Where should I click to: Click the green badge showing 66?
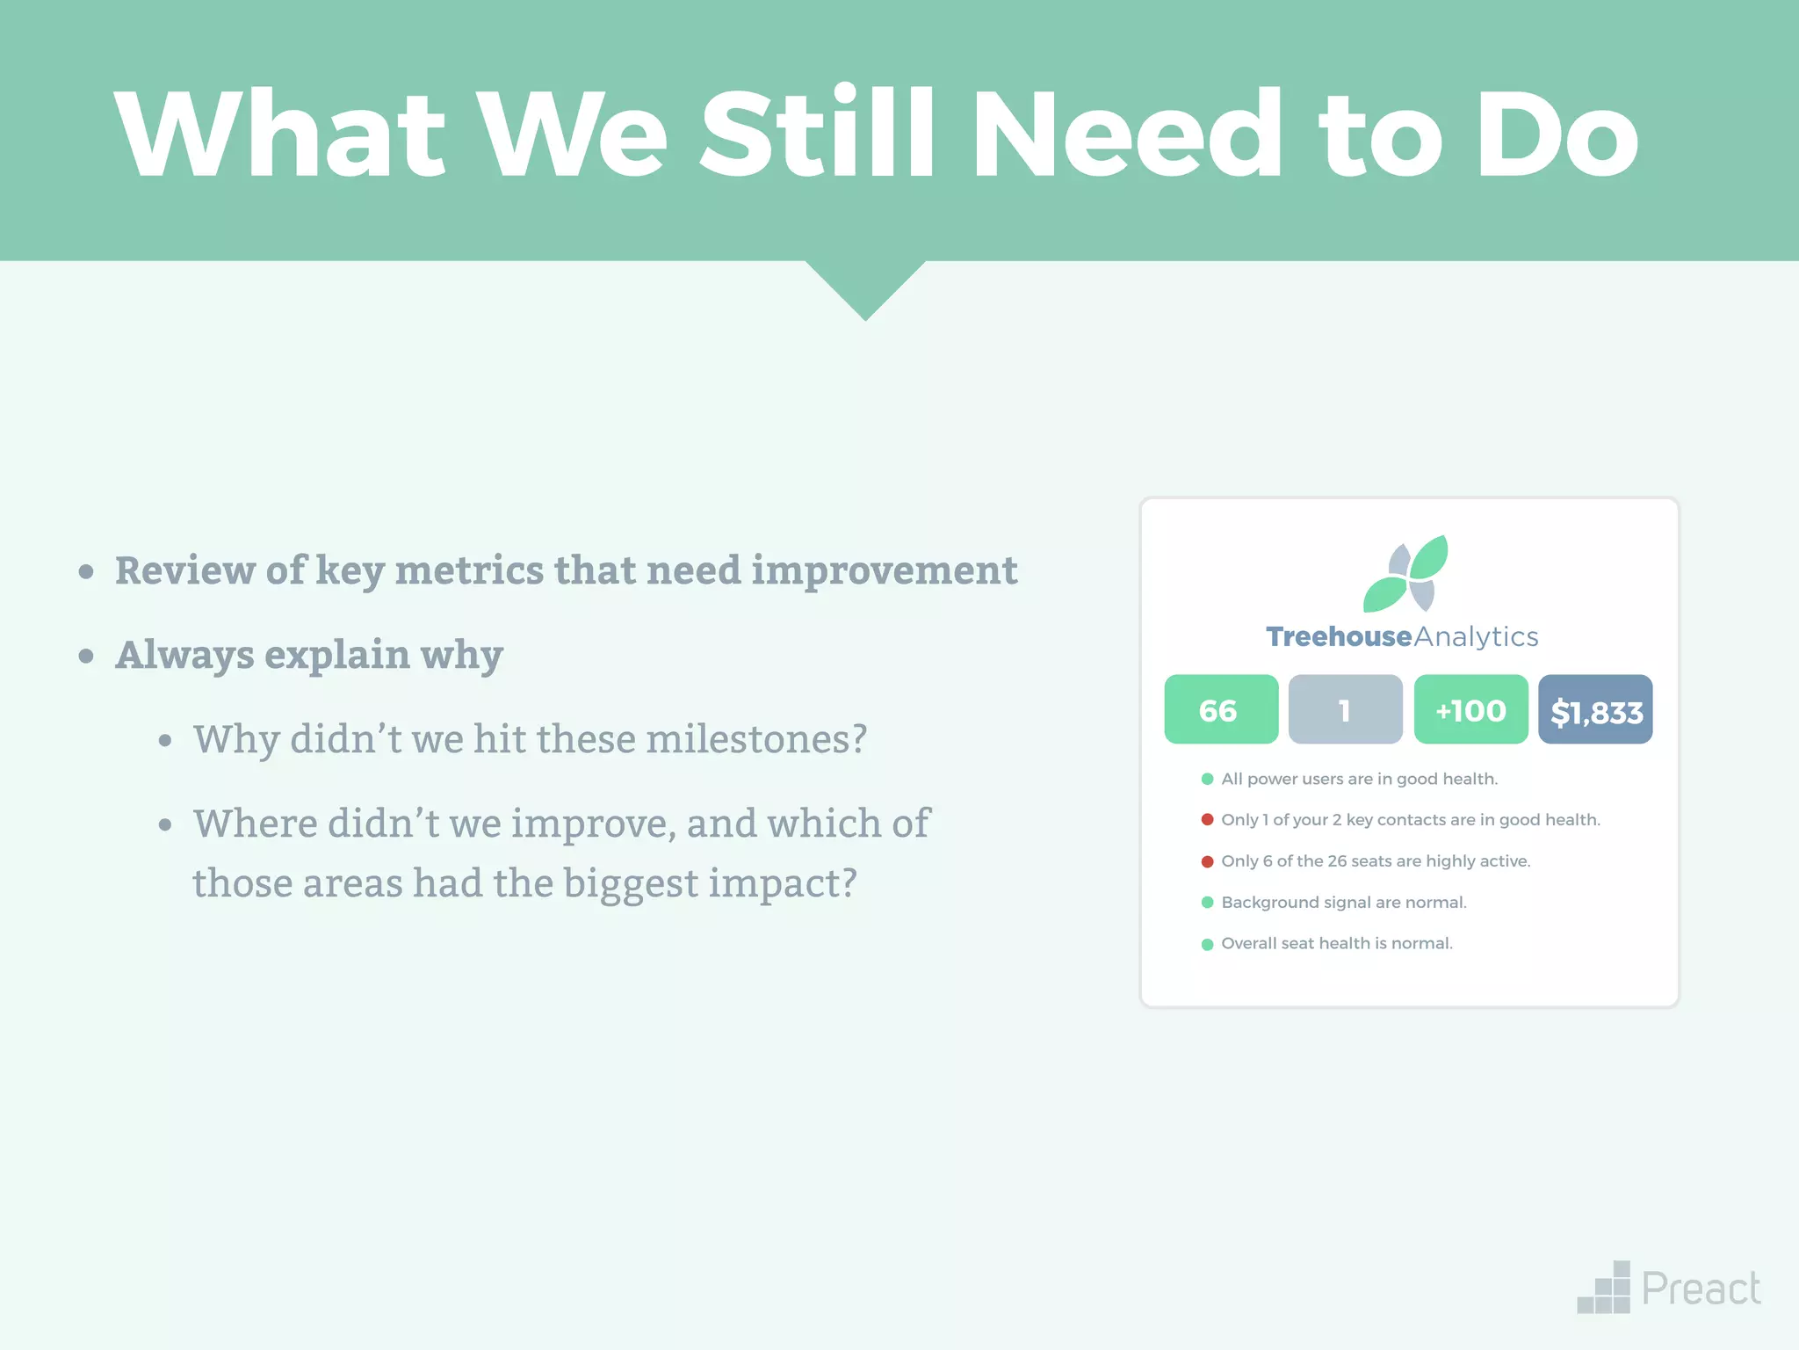[1221, 709]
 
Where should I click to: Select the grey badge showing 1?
[1345, 709]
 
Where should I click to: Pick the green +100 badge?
[1470, 709]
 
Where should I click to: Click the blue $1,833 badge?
[1595, 709]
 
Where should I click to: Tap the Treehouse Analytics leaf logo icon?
[1405, 573]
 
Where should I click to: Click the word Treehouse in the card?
[1338, 636]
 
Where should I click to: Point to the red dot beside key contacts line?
[1207, 819]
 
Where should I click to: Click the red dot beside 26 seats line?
[1207, 861]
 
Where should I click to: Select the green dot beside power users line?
[1207, 779]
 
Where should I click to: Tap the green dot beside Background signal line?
[1207, 903]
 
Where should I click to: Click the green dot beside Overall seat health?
[1207, 944]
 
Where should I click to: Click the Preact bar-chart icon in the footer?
[1605, 1288]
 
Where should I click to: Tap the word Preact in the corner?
[1701, 1289]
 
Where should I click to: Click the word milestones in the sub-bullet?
[756, 739]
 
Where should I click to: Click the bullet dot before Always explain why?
[86, 656]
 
